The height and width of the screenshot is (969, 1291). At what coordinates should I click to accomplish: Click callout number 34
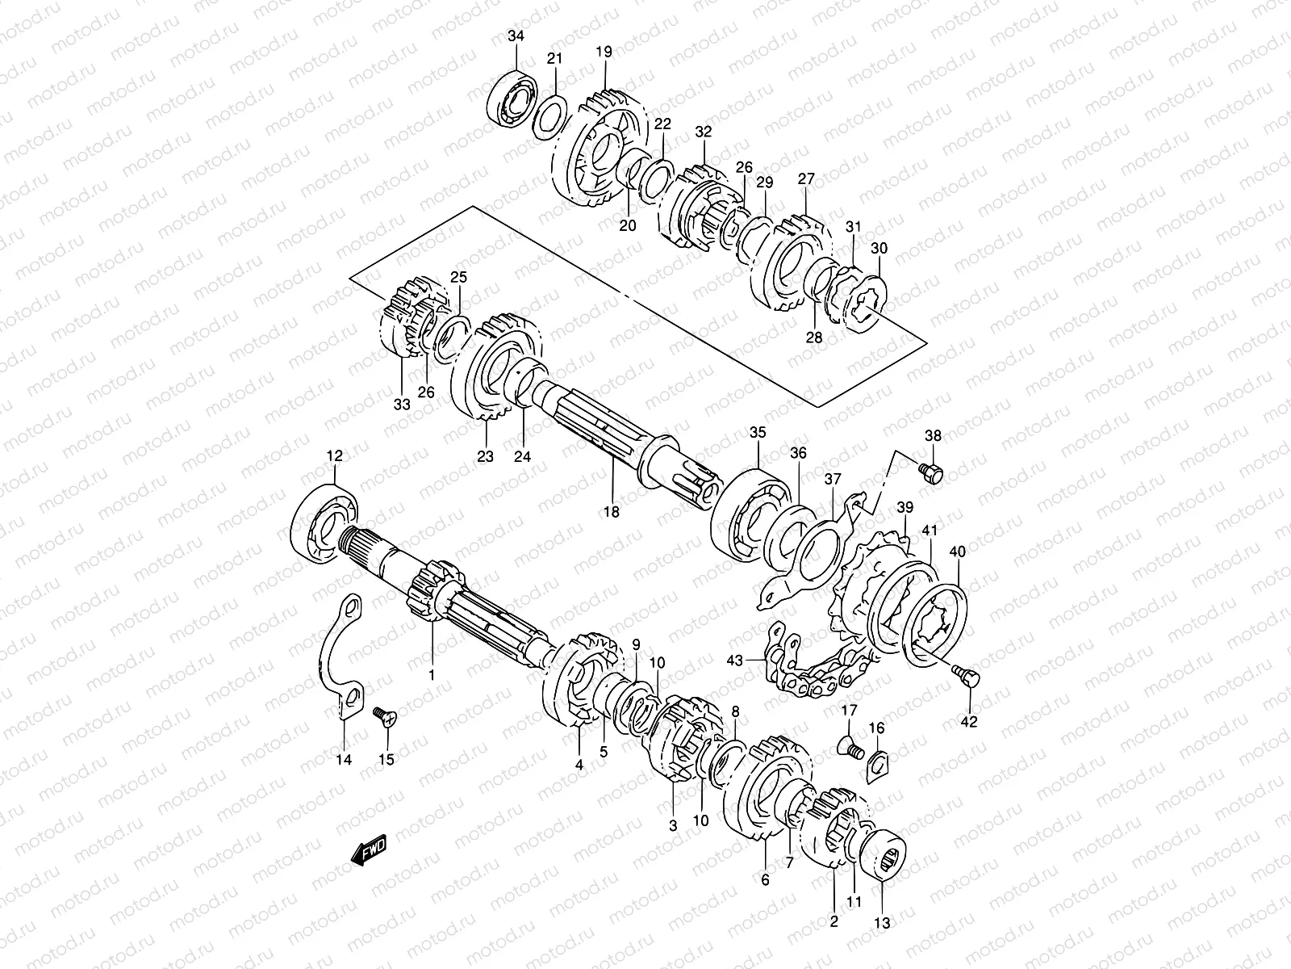(x=516, y=36)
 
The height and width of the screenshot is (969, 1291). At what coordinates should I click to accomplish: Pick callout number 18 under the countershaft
(x=611, y=511)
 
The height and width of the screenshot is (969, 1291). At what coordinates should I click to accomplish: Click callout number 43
(x=734, y=660)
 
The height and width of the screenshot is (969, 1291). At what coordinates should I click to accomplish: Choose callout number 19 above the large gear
(x=604, y=52)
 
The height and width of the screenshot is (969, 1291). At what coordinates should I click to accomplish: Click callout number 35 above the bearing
(x=756, y=433)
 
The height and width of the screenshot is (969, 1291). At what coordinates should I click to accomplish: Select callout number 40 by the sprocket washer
(x=958, y=552)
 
